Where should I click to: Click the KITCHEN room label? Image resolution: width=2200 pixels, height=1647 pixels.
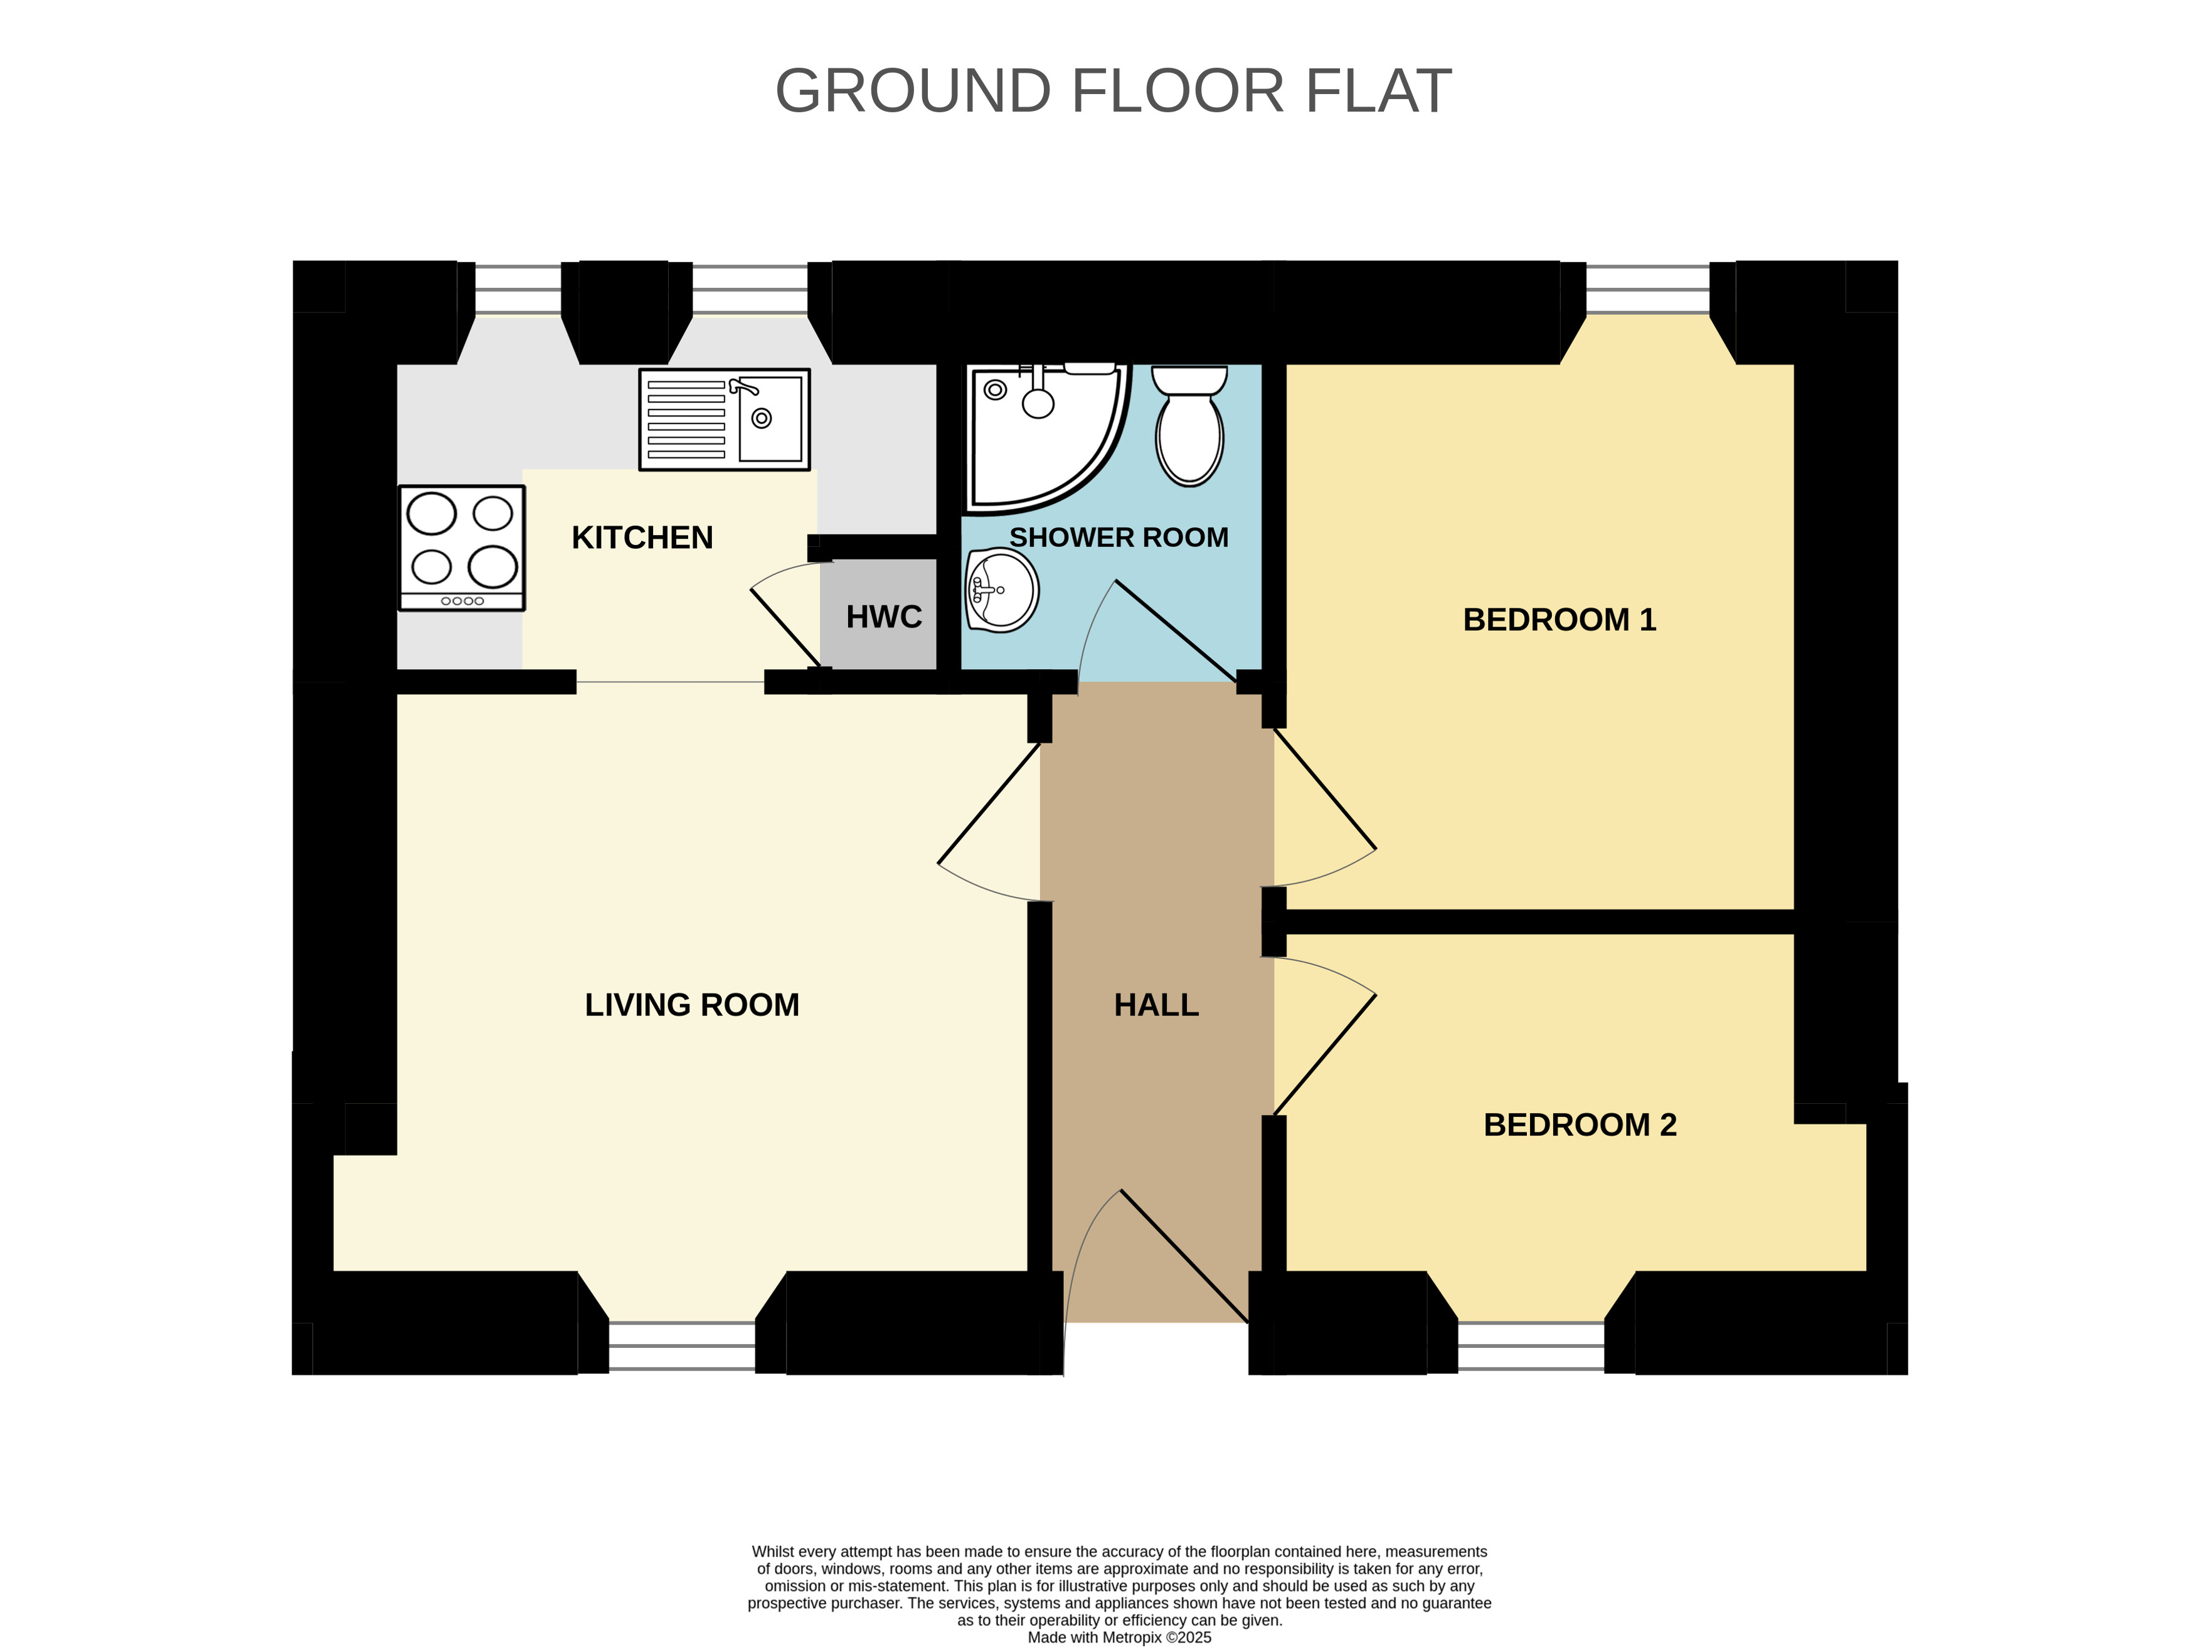pyautogui.click(x=642, y=538)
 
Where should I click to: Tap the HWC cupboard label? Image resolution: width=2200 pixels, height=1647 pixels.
pyautogui.click(x=883, y=618)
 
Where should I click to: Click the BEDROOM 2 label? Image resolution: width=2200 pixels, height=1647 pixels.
pyautogui.click(x=1580, y=1125)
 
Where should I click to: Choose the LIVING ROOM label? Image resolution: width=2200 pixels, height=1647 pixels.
pyautogui.click(x=691, y=1005)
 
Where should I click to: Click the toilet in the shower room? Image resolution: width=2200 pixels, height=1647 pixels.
pyautogui.click(x=1189, y=426)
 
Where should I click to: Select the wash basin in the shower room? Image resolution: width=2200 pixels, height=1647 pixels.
pyautogui.click(x=1002, y=591)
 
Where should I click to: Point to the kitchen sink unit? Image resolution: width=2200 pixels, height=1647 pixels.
pyautogui.click(x=724, y=420)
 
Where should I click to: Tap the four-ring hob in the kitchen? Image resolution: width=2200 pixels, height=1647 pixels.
pyautogui.click(x=462, y=548)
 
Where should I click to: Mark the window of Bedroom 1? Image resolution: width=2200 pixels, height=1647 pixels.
pyautogui.click(x=1648, y=289)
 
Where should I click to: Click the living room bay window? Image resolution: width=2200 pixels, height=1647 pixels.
pyautogui.click(x=683, y=1348)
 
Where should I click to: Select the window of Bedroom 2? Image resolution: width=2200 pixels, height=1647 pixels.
pyautogui.click(x=1531, y=1348)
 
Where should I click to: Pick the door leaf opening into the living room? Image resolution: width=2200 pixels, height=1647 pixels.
pyautogui.click(x=989, y=803)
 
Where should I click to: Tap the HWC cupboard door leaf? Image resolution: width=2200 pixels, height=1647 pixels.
pyautogui.click(x=785, y=628)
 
